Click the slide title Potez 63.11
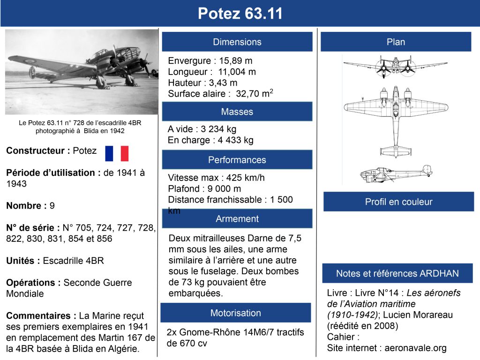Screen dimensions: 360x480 (240, 14)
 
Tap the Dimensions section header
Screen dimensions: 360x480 (237, 42)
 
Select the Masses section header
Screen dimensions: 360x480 (237, 112)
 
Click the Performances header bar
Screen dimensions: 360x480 (237, 160)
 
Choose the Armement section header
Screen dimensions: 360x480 (237, 219)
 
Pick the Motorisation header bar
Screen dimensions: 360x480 (236, 313)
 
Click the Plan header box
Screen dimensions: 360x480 (396, 42)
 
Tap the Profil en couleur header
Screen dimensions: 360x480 (398, 202)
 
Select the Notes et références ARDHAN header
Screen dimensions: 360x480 (397, 273)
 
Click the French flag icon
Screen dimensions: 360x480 (117, 153)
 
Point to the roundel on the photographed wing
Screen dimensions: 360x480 (30, 60)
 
